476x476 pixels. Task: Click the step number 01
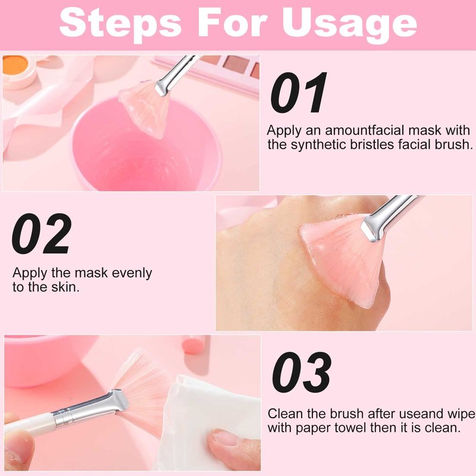pos(298,93)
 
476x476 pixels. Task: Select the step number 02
pos(42,233)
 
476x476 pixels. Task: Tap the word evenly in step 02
pos(131,273)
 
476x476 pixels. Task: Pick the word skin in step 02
pos(65,287)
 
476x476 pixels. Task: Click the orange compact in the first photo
pos(17,70)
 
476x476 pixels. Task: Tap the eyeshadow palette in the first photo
pos(209,71)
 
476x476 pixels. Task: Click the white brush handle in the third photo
pos(29,424)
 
